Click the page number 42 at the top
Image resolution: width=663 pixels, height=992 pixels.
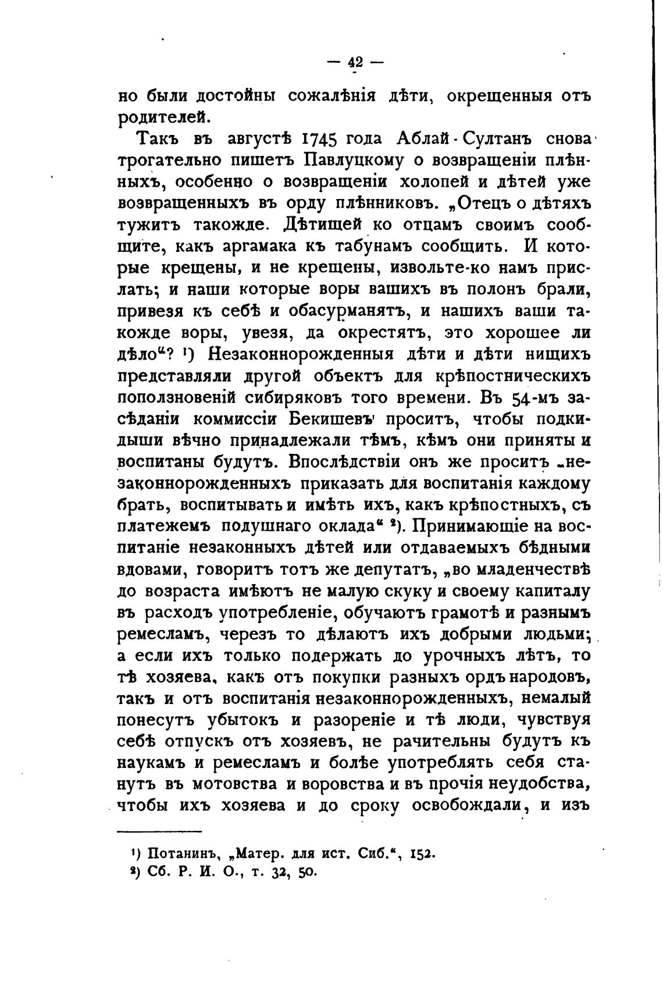tap(354, 62)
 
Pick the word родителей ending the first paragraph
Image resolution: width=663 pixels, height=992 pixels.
tap(163, 117)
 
